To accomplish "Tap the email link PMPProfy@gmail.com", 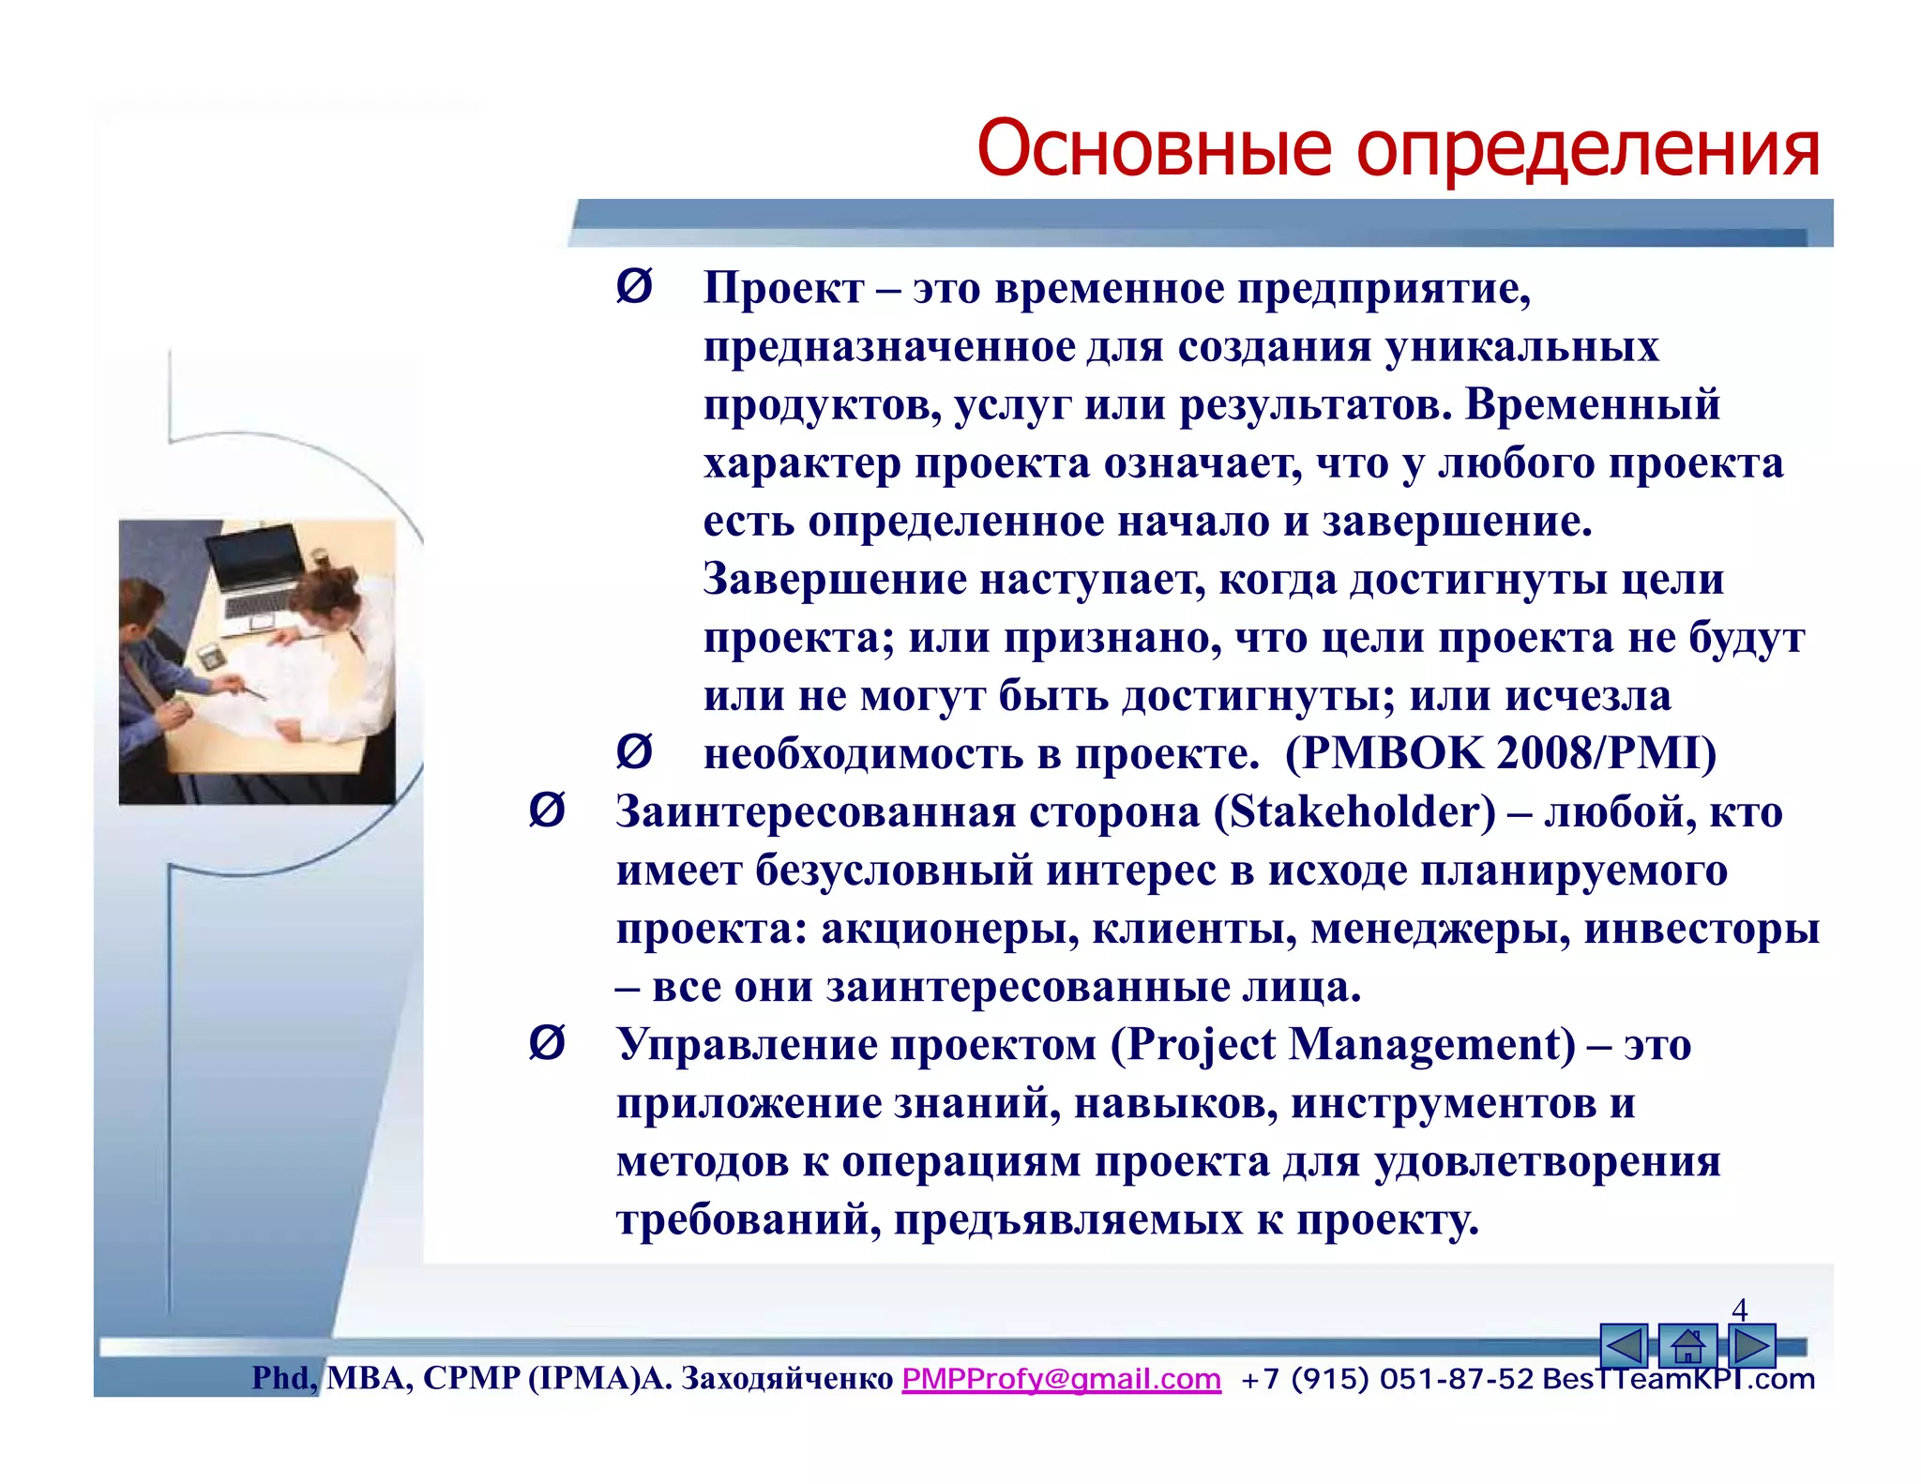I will [x=1061, y=1379].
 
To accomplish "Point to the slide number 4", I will [x=1740, y=1310].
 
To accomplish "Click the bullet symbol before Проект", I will [x=634, y=286].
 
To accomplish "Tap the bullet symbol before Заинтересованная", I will [x=547, y=810].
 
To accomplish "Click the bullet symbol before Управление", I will [x=547, y=1043].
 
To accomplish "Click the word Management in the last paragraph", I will [x=1424, y=1045].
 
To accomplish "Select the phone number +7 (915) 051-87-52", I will [x=1386, y=1379].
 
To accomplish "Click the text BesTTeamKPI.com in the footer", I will [x=1678, y=1379].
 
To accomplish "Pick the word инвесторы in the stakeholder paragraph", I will [x=1702, y=929].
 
